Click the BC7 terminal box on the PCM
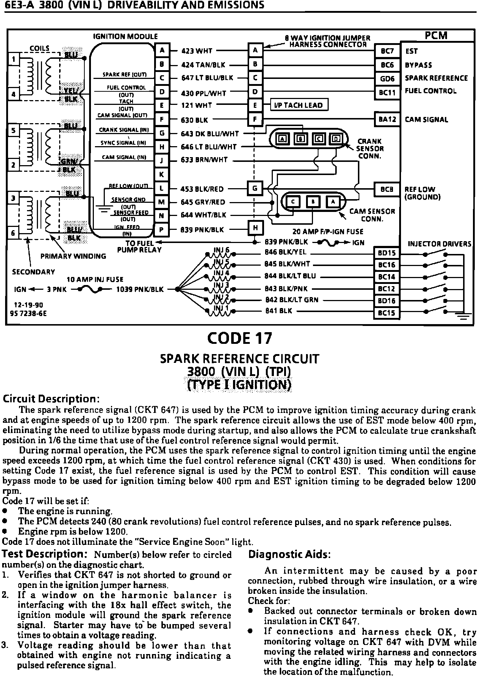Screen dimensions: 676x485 tap(387, 51)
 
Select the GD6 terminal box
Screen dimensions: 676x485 tap(387, 79)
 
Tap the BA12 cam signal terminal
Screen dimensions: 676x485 tap(387, 119)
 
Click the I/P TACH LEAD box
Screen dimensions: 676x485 tap(298, 105)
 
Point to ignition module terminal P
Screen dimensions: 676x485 tap(161, 230)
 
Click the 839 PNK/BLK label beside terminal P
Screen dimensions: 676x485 tap(202, 230)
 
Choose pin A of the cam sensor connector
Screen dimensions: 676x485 tap(333, 202)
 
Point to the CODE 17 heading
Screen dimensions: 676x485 tap(240, 338)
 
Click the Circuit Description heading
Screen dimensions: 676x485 tap(51, 398)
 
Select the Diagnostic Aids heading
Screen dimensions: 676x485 tap(290, 554)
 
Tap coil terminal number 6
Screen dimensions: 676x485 tap(13, 233)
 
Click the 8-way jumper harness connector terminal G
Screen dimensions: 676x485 tap(255, 189)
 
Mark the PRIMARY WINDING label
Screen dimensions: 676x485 tap(73, 256)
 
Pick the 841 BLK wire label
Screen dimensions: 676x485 tap(279, 311)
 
